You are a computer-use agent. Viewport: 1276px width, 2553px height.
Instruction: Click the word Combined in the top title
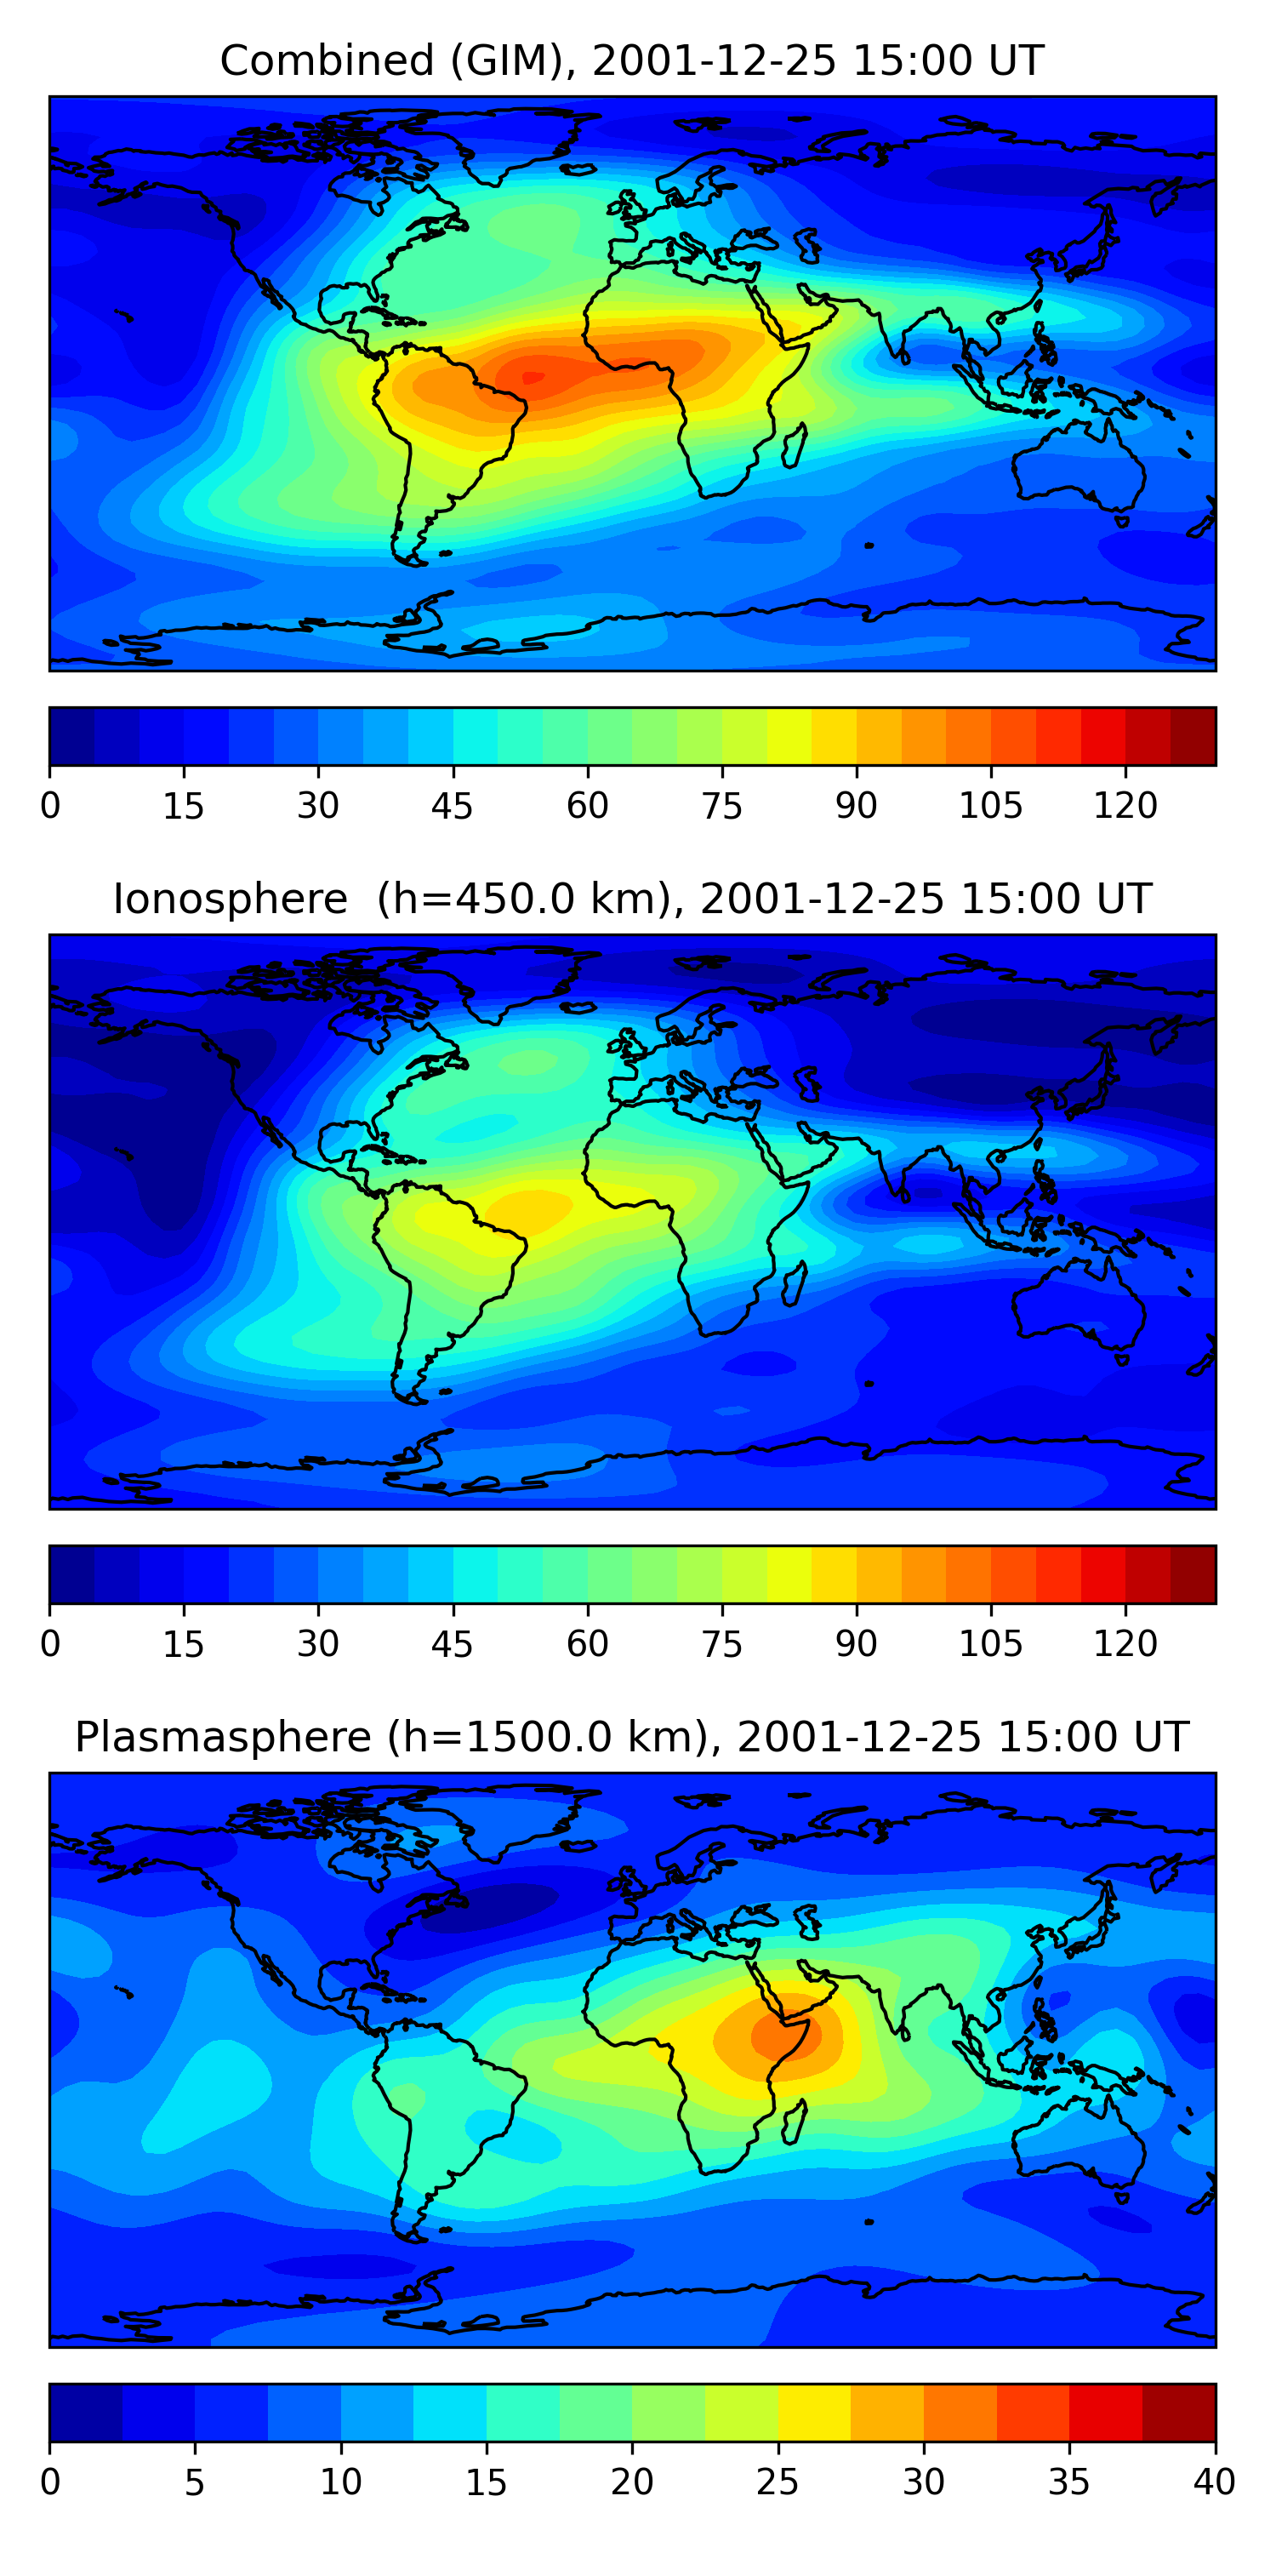tap(327, 61)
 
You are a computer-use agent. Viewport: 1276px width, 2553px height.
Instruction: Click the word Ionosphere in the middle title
tap(230, 900)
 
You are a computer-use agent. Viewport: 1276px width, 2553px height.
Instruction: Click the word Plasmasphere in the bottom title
tap(223, 1738)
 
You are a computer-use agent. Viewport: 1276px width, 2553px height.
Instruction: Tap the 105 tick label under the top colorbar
tap(989, 806)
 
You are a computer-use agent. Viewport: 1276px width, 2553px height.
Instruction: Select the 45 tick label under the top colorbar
tap(452, 806)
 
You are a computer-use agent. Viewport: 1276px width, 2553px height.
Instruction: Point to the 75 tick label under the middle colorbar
tap(721, 1644)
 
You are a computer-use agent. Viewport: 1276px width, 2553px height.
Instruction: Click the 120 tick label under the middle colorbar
tap(1125, 1644)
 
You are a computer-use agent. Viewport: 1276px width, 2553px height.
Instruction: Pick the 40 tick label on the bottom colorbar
tap(1214, 2482)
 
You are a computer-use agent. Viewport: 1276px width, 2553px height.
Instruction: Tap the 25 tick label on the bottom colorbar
tap(777, 2482)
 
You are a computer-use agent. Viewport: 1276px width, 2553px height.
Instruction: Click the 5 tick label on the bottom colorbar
tap(194, 2482)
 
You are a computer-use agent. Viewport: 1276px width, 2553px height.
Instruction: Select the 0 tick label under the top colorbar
tap(50, 806)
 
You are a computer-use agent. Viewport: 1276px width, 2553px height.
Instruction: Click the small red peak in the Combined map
tap(533, 377)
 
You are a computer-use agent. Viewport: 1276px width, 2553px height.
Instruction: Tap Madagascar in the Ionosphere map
tap(793, 1284)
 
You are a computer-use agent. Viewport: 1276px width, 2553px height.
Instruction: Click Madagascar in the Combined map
tap(793, 446)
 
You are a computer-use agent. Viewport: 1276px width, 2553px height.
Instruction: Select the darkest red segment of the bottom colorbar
tap(1178, 2413)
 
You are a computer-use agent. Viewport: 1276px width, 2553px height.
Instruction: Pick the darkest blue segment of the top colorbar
tap(71, 736)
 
